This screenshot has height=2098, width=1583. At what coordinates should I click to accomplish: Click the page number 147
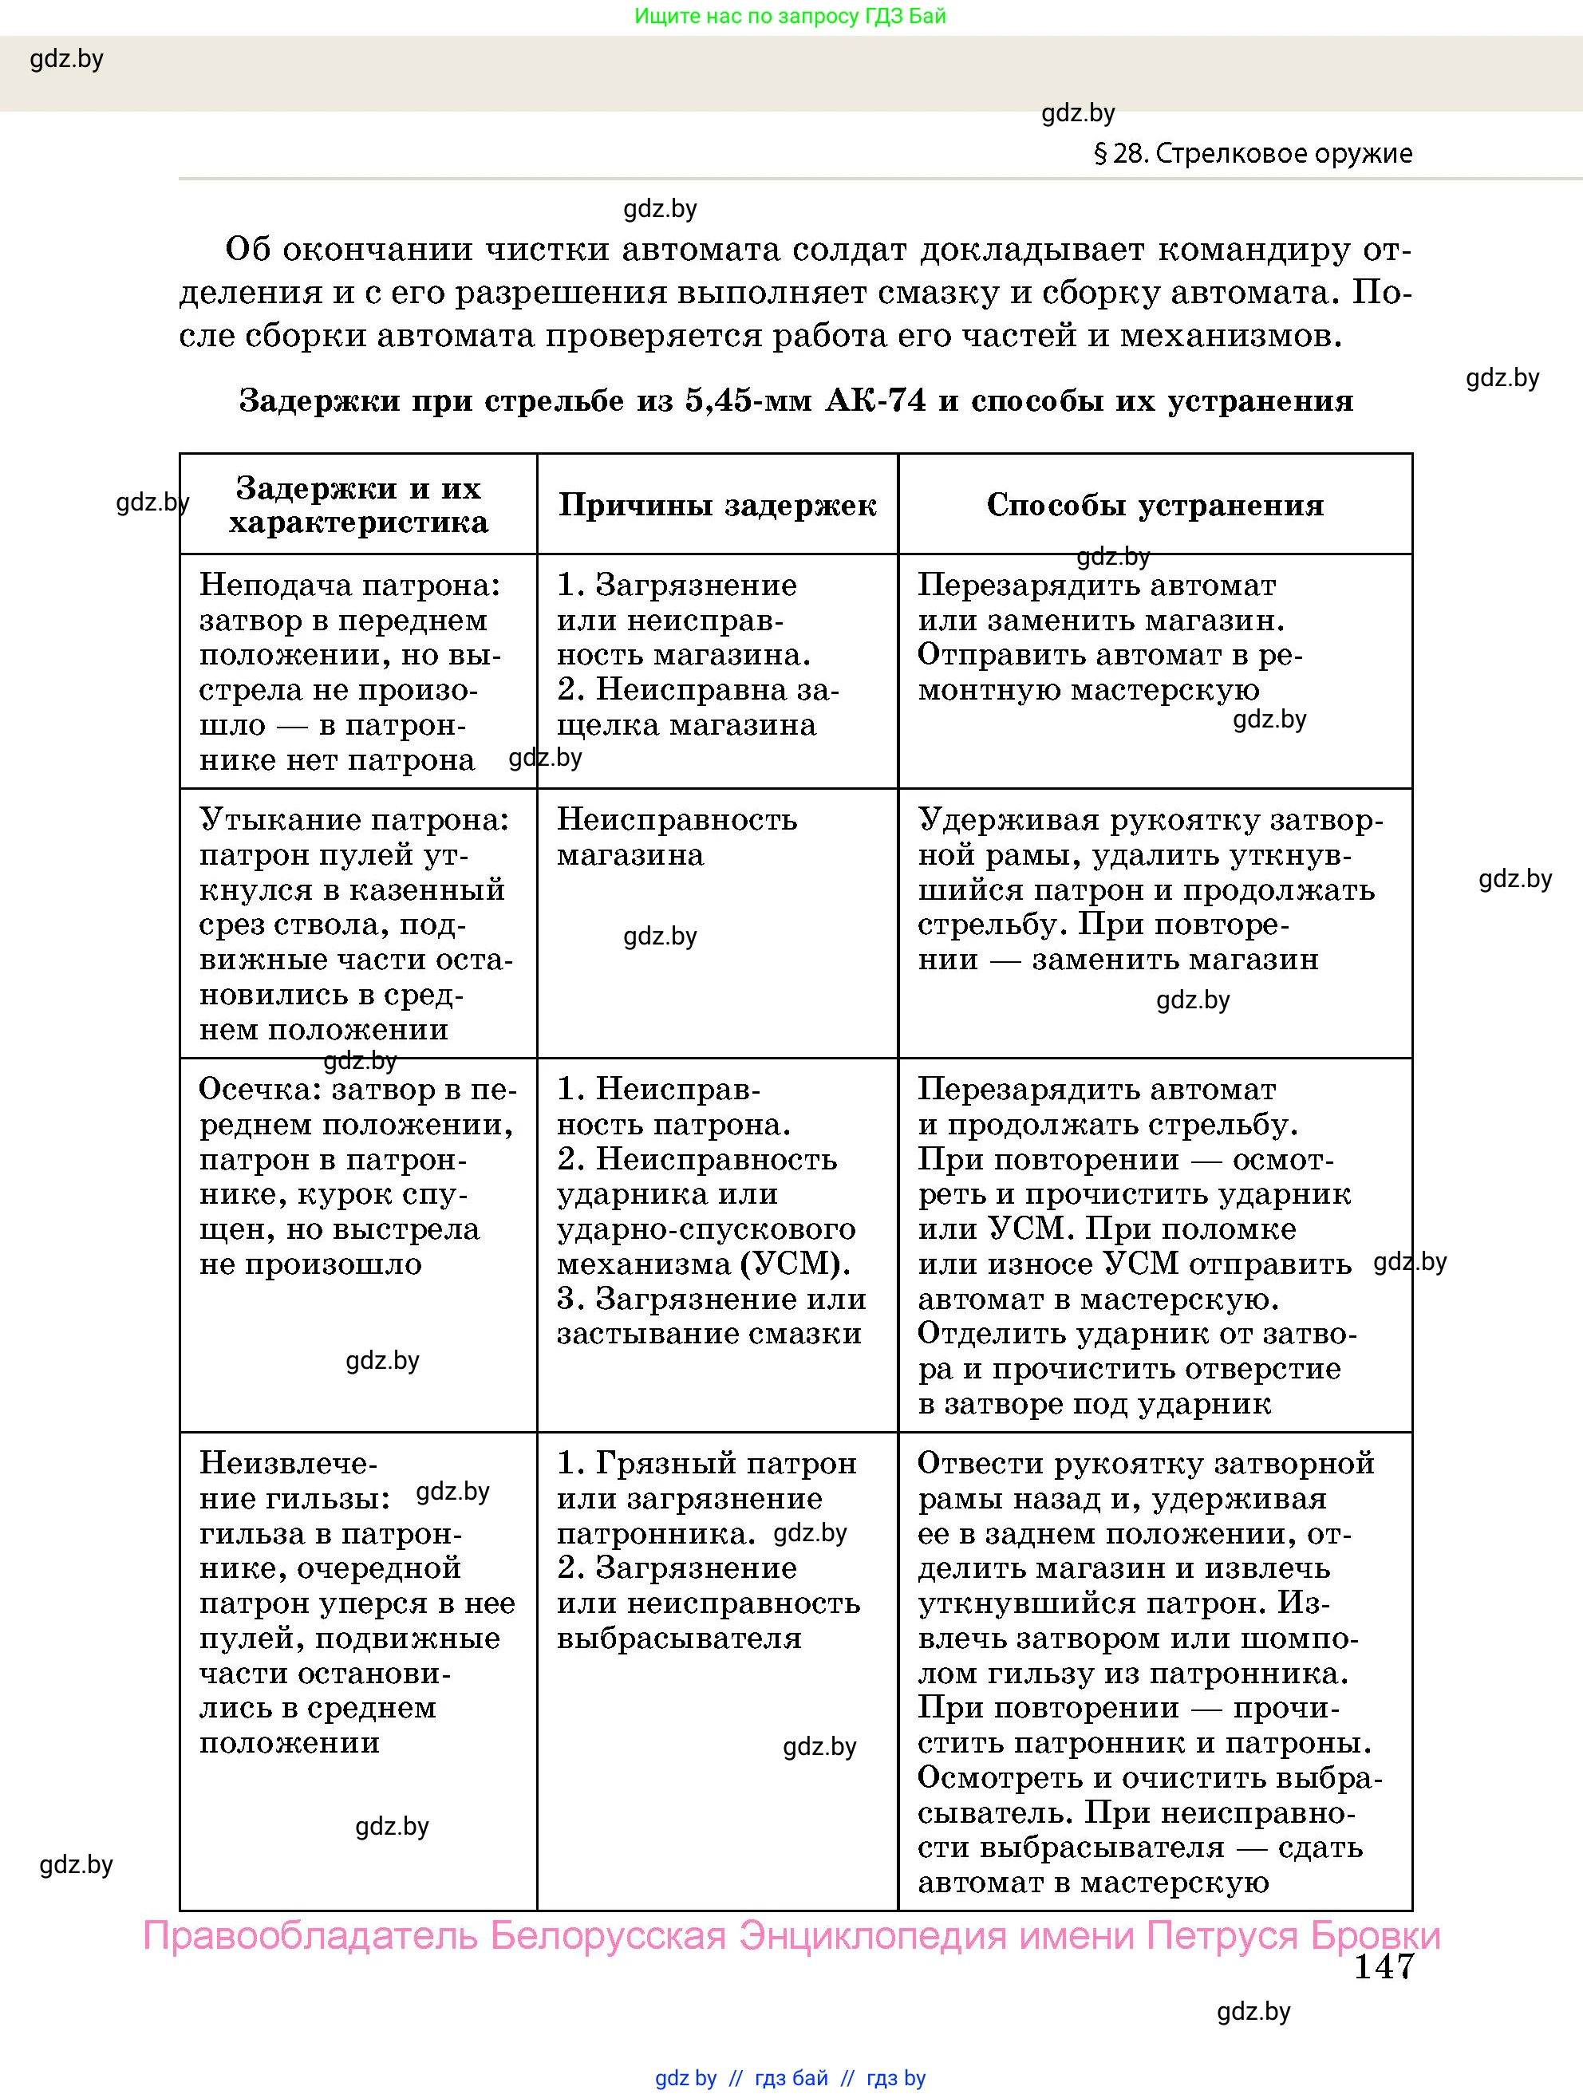click(1383, 1966)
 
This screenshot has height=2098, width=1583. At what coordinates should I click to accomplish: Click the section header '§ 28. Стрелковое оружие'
click(1253, 154)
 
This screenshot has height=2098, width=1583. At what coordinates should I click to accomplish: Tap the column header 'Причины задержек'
click(717, 505)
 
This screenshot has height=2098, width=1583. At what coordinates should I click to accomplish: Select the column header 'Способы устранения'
click(1155, 505)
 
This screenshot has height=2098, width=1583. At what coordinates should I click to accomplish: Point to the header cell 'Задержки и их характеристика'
click(357, 505)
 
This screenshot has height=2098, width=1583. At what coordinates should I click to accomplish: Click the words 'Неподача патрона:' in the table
click(349, 586)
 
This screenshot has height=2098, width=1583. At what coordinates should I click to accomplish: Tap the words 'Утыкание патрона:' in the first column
click(353, 819)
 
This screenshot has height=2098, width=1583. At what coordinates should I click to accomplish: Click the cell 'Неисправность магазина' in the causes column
click(677, 837)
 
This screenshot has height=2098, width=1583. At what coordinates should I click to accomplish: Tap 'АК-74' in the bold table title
click(875, 400)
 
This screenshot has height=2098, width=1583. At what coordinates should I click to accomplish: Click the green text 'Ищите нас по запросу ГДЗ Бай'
click(789, 16)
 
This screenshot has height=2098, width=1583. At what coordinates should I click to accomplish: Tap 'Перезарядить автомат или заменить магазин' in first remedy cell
click(1100, 603)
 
